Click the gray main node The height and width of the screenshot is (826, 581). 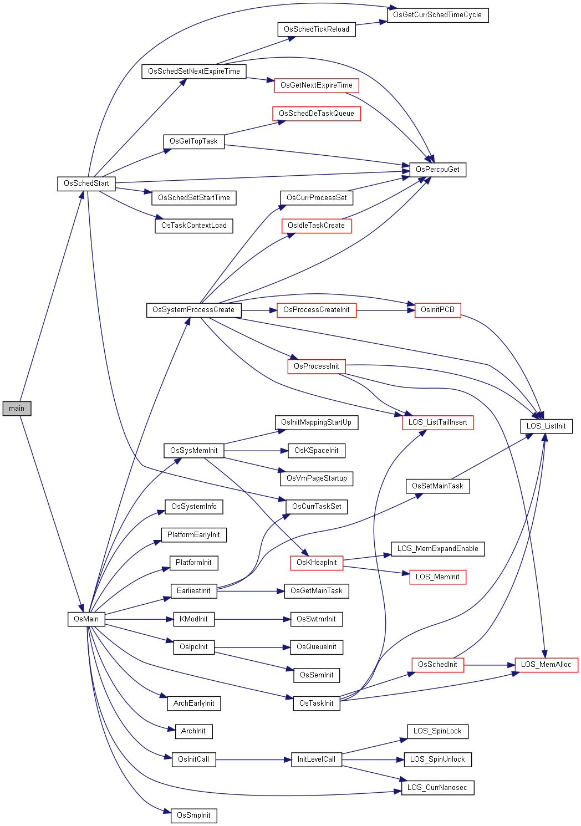click(17, 409)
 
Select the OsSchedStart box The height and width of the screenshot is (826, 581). click(86, 183)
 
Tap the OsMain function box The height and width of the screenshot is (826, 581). click(86, 619)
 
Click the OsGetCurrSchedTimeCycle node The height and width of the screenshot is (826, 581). click(437, 15)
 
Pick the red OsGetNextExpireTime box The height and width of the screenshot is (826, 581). click(317, 85)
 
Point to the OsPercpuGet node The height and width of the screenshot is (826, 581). click(437, 170)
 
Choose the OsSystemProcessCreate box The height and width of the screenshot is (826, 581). click(193, 310)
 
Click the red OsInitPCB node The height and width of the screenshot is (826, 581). click(437, 310)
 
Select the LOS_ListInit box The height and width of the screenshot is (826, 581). click(546, 426)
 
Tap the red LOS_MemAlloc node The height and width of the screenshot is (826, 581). click(546, 665)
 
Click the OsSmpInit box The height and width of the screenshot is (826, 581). click(193, 815)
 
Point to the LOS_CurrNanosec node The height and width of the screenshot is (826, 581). click(437, 788)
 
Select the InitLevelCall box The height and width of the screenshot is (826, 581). click(317, 759)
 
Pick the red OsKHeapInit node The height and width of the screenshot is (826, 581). click(317, 563)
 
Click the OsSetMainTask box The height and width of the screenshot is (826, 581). click(437, 486)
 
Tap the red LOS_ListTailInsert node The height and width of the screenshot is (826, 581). click(437, 422)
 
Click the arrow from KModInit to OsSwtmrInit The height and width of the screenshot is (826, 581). click(253, 620)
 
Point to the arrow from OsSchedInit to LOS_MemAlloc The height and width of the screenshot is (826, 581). click(489, 665)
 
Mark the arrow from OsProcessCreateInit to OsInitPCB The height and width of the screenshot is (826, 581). click(386, 310)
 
